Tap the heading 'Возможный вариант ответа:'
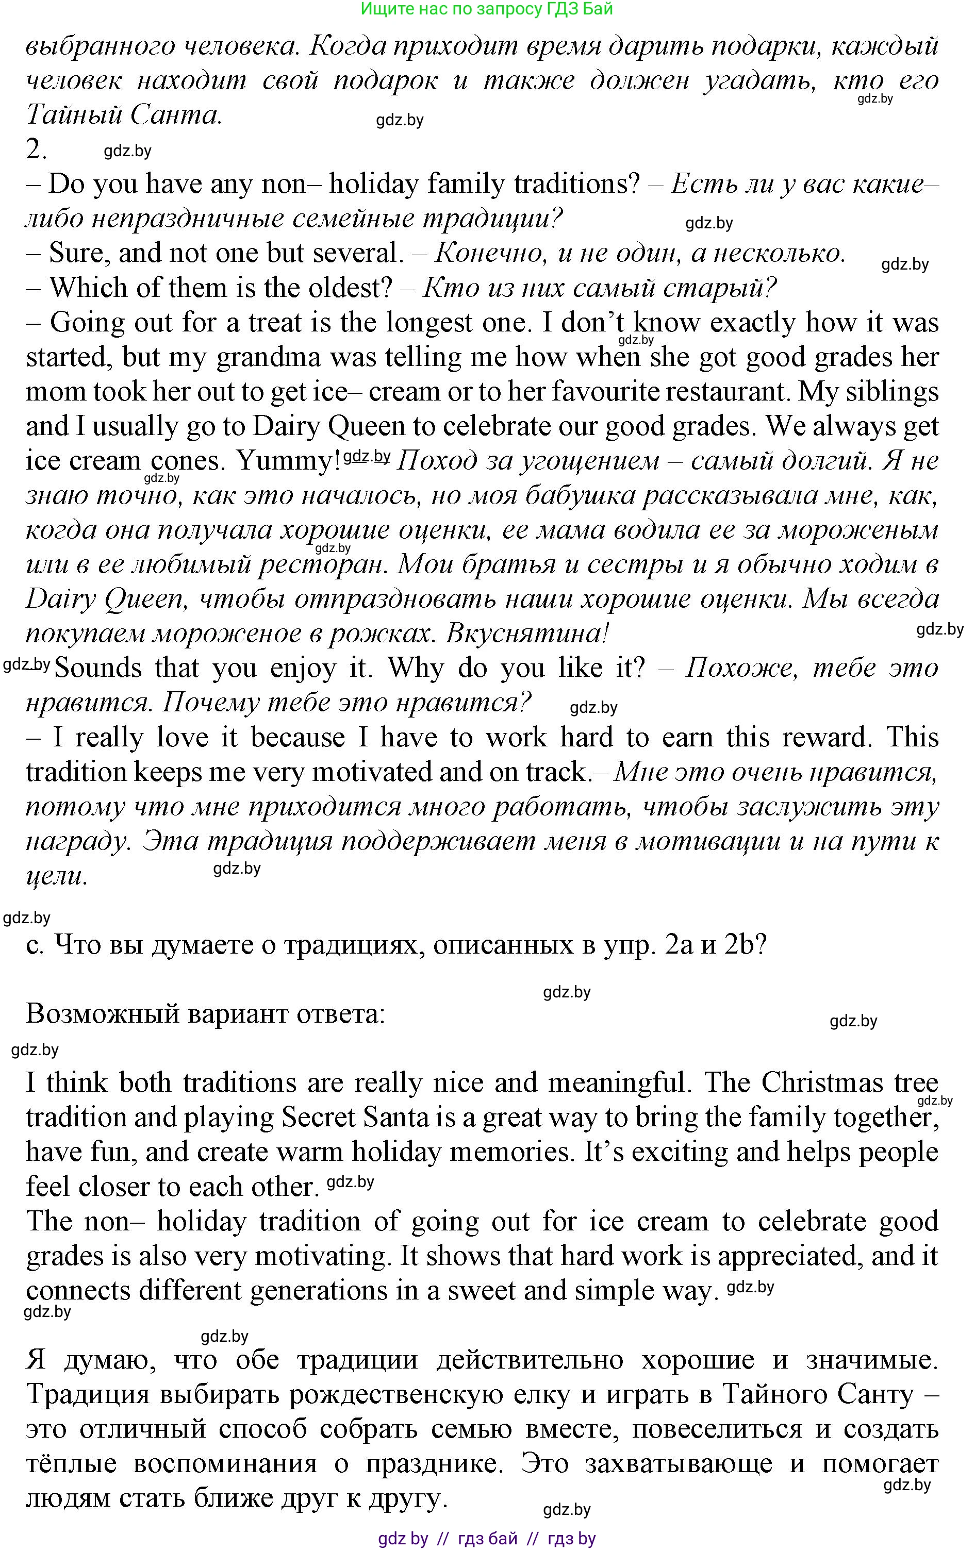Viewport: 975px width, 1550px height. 205,1014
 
